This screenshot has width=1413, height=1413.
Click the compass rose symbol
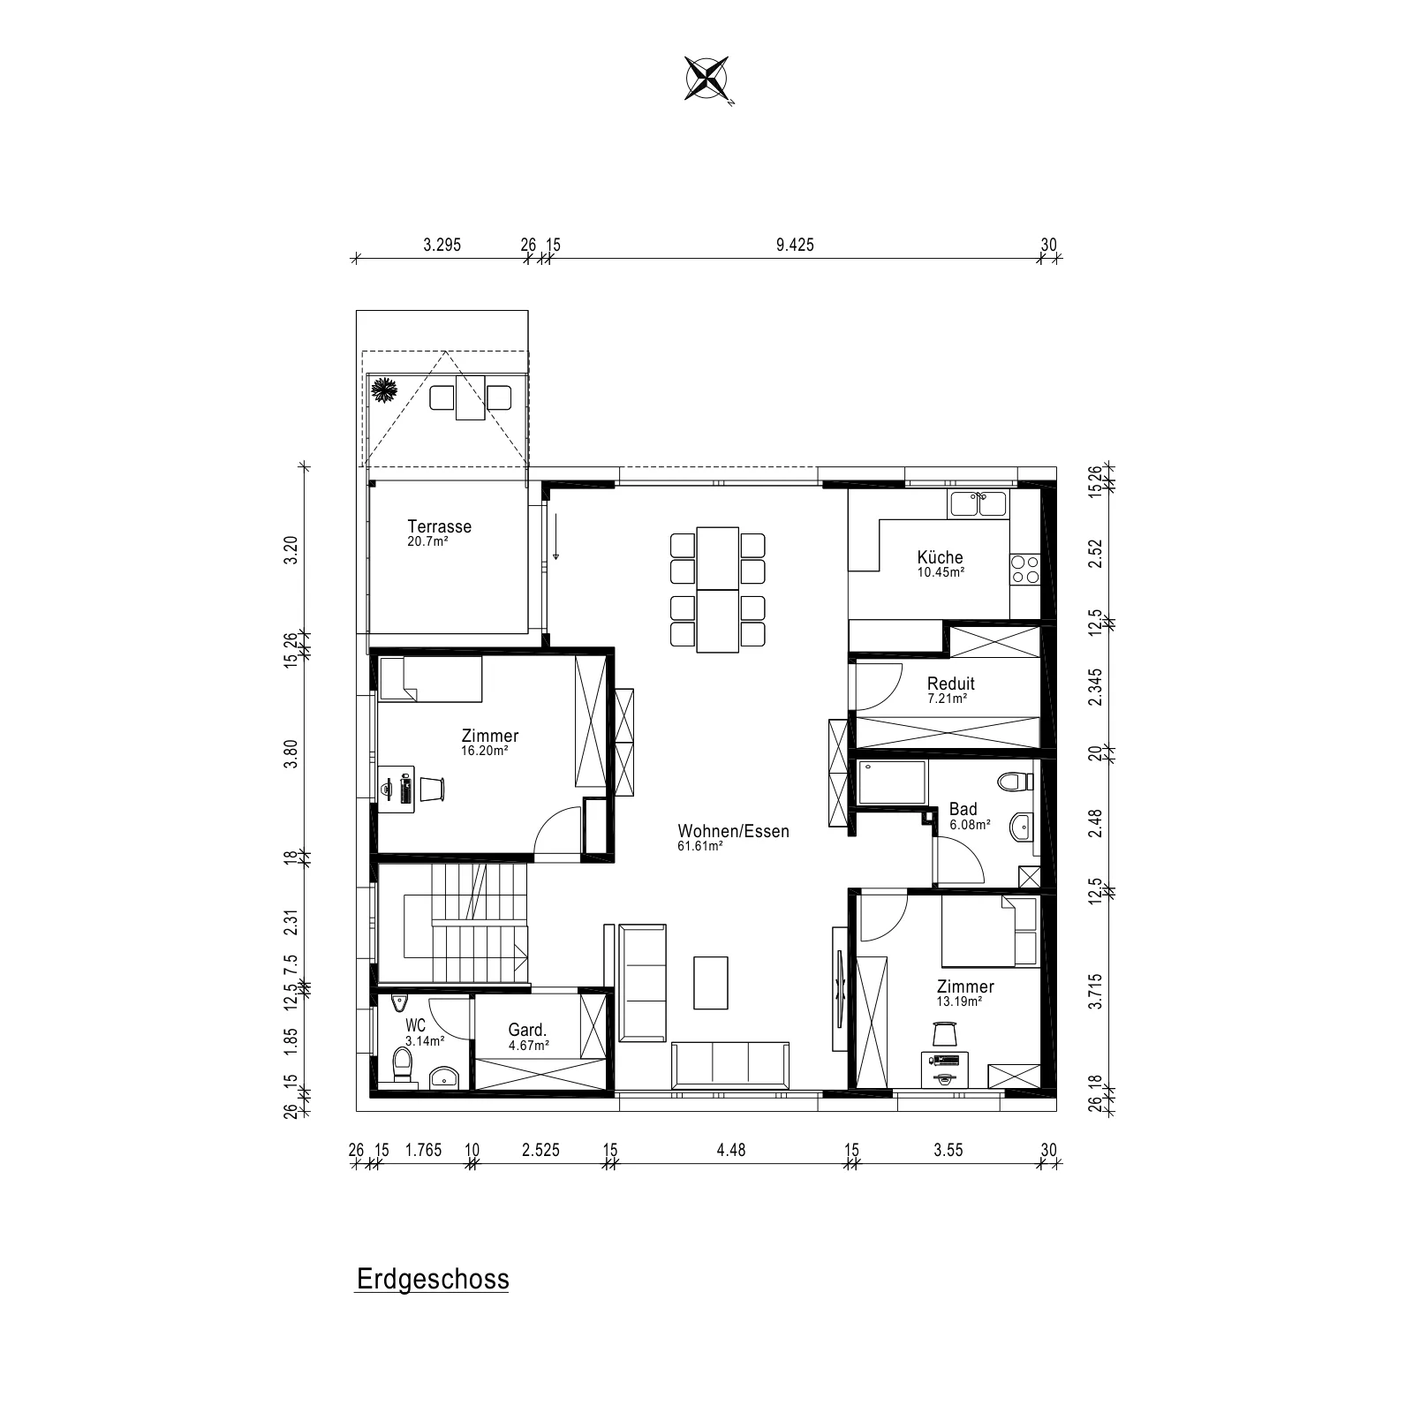point(707,78)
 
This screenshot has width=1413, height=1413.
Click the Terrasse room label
point(440,526)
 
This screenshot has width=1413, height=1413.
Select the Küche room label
point(940,557)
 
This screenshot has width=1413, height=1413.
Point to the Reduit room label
point(951,684)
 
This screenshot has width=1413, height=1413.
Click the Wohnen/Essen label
point(734,831)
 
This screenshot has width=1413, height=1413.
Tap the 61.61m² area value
point(701,846)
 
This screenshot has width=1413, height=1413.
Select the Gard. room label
point(528,1030)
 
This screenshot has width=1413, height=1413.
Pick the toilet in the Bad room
point(1016,782)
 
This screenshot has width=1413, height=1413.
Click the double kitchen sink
point(978,504)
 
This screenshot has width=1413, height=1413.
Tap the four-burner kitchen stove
point(1025,570)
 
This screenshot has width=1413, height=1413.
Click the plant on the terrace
point(384,389)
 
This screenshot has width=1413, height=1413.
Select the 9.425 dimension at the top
point(795,245)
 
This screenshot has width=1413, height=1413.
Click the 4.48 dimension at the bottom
point(731,1150)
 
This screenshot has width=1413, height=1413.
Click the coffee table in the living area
point(711,982)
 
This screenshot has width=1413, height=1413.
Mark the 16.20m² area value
point(485,751)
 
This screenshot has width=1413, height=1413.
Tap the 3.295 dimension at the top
point(442,245)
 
